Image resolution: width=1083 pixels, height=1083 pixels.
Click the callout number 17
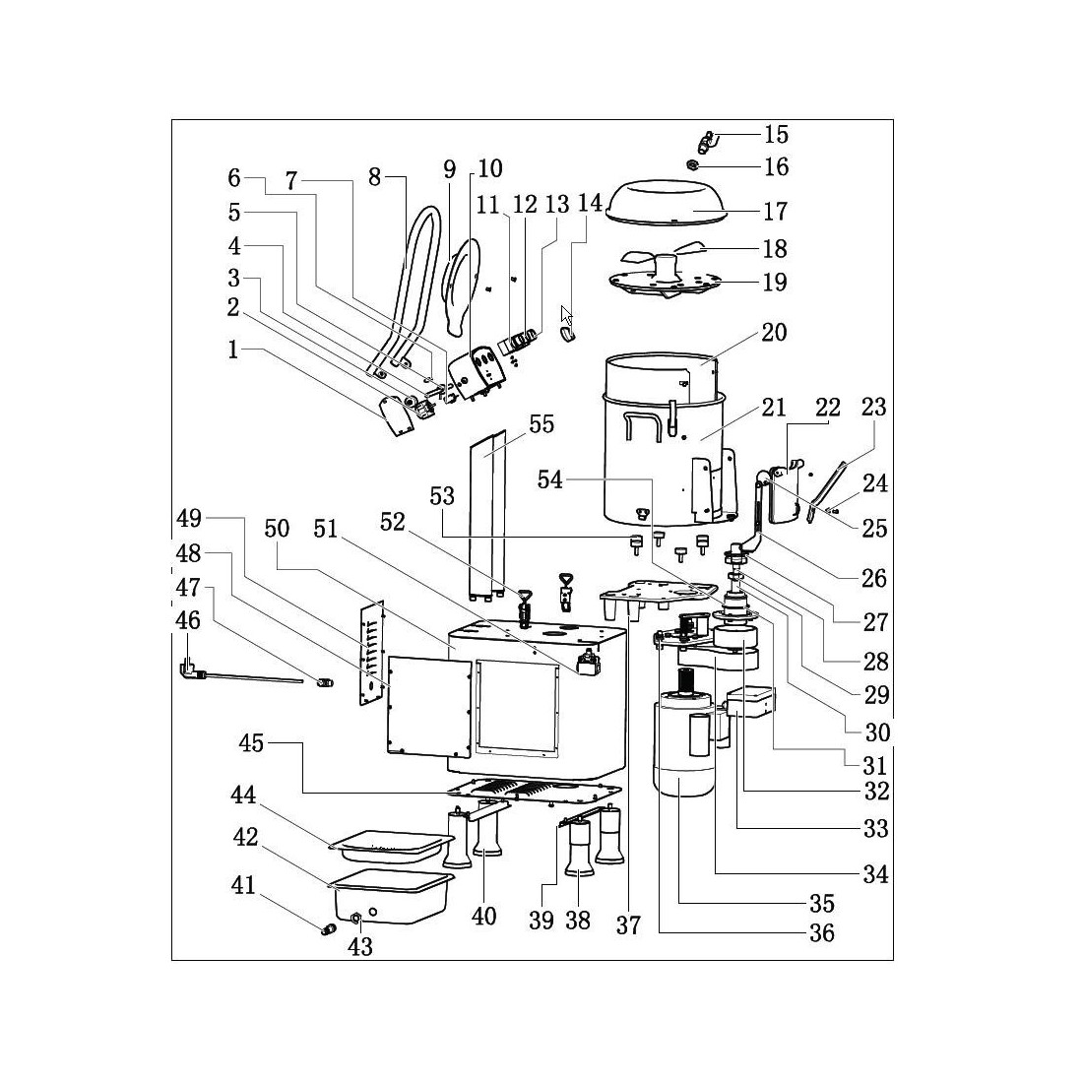click(775, 211)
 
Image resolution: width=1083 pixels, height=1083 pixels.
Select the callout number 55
click(541, 424)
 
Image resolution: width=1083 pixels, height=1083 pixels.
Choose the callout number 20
click(774, 332)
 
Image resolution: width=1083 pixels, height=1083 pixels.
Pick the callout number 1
click(233, 350)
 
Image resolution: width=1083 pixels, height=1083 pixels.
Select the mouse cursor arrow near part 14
click(566, 316)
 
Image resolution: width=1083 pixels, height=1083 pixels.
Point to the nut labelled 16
click(694, 164)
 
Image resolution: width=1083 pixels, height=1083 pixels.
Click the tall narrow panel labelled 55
click(486, 512)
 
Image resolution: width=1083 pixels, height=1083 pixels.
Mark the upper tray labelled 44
click(391, 843)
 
